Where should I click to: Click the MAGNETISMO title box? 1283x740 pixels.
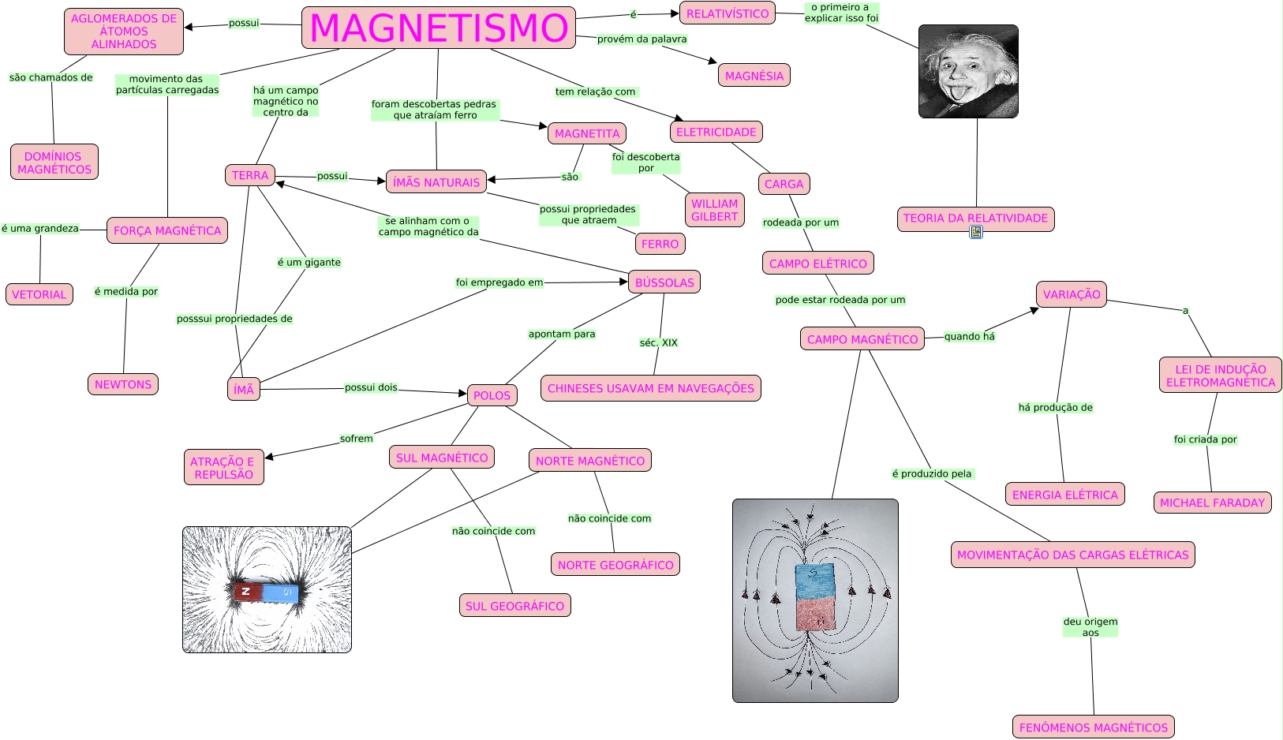coord(439,28)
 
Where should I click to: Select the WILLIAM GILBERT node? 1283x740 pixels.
coord(715,210)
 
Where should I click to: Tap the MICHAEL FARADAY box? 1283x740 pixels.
coord(1212,503)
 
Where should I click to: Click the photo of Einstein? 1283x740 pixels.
coord(968,71)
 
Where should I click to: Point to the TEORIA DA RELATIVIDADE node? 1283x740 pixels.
coord(975,219)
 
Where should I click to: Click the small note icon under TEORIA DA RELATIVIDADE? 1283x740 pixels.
coord(976,232)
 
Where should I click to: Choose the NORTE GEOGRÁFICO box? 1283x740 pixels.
coord(615,565)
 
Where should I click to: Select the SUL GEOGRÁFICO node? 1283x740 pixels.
coord(514,606)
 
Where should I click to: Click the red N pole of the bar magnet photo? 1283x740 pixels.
coord(247,591)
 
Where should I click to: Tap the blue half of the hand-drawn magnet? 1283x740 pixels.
coord(815,580)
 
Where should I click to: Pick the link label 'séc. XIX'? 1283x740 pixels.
coord(658,342)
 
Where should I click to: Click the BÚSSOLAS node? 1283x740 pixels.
coord(664,282)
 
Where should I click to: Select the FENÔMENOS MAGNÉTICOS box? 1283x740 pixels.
coord(1093,727)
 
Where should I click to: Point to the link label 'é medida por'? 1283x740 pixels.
coord(126,292)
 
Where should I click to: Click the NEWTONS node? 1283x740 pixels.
coord(123,384)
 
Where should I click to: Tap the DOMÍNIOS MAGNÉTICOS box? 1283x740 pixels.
coord(54,163)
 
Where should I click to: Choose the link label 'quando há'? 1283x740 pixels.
coord(969,337)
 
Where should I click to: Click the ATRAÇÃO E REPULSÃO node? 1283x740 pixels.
coord(224,468)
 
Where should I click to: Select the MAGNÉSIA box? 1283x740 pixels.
coord(754,76)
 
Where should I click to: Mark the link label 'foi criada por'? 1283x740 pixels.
coord(1205,439)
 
